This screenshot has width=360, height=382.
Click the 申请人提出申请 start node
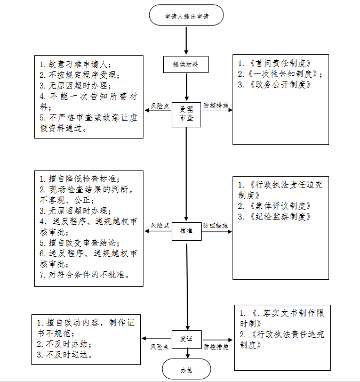pyautogui.click(x=186, y=16)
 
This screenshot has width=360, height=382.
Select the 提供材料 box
pyautogui.click(x=186, y=64)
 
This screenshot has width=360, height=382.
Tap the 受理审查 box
pyautogui.click(x=186, y=112)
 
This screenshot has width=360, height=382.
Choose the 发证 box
pyautogui.click(x=186, y=339)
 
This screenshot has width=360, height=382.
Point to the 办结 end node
pyautogui.click(x=186, y=369)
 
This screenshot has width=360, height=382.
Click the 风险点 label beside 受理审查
pyautogui.click(x=159, y=106)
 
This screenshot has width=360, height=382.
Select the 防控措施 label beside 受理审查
pyautogui.click(x=215, y=106)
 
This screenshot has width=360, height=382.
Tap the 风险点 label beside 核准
pyautogui.click(x=159, y=226)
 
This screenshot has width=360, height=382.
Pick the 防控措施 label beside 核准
pyautogui.click(x=215, y=226)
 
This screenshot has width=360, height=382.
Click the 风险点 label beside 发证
pyautogui.click(x=159, y=346)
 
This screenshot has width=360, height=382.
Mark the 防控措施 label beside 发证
pyautogui.click(x=215, y=346)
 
